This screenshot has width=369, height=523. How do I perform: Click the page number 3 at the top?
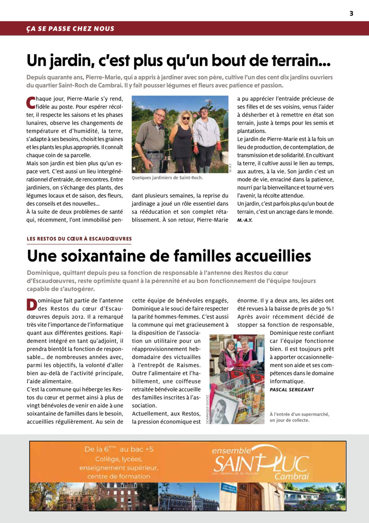pos(351,14)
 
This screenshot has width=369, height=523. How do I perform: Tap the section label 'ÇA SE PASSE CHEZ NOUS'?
pos(70,29)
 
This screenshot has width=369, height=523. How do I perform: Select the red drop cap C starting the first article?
pos(30,102)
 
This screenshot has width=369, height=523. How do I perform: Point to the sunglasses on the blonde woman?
pos(186,118)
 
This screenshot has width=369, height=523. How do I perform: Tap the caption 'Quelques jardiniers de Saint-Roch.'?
pos(167,178)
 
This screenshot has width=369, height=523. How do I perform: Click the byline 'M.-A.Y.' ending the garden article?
pos(245,220)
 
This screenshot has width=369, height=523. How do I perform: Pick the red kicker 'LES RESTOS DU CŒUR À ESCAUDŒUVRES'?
pos(79,239)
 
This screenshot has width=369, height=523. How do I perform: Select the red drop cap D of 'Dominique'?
pos(31,305)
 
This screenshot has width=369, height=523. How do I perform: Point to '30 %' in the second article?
pos(319,309)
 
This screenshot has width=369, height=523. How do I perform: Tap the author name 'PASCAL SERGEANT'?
pos(292,390)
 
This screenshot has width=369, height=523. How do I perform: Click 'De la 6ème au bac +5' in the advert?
pos(119,449)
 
